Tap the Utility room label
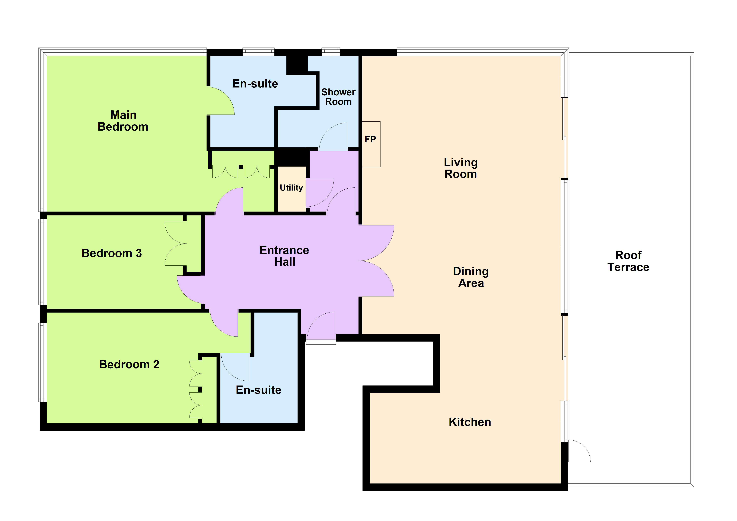click(x=291, y=188)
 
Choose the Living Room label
click(x=461, y=168)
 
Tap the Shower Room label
click(x=338, y=97)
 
